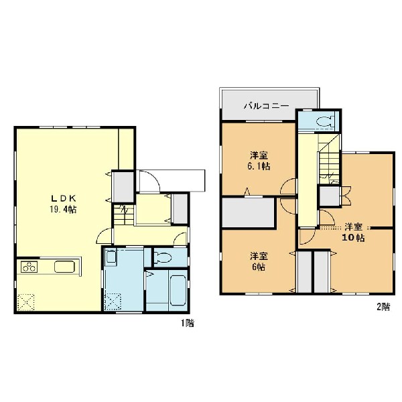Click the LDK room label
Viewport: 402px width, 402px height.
click(x=64, y=198)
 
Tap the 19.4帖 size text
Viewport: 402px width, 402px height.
click(x=63, y=210)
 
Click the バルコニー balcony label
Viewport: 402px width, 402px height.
click(x=267, y=106)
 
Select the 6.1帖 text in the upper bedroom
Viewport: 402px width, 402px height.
click(x=259, y=166)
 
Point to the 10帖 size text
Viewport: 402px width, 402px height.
click(x=353, y=238)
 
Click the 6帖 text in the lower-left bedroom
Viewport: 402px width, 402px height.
click(x=259, y=267)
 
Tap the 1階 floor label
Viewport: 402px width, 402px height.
click(x=188, y=324)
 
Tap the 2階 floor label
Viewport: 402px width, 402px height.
click(x=383, y=307)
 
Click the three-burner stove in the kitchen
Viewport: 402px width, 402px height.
click(x=29, y=267)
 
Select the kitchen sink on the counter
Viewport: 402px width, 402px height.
click(x=64, y=267)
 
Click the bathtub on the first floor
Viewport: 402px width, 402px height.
click(x=178, y=290)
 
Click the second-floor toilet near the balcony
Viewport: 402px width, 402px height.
click(x=326, y=121)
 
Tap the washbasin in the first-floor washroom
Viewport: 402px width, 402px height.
click(x=111, y=257)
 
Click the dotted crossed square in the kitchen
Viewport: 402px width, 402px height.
click(x=26, y=302)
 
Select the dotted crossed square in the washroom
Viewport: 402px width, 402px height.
click(x=113, y=302)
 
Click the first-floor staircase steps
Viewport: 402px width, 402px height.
click(x=124, y=215)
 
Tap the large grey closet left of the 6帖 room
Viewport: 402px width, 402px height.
click(x=248, y=212)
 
